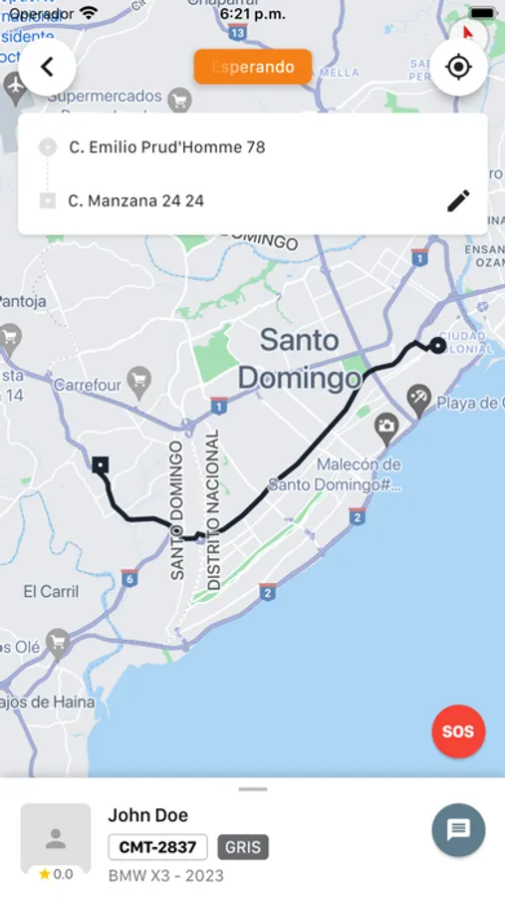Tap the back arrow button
[47, 68]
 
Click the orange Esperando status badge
[253, 67]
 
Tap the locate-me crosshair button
[458, 68]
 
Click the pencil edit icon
[458, 200]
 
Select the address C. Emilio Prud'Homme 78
[166, 148]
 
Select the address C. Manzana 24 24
[135, 200]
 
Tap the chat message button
[458, 829]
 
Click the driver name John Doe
[147, 815]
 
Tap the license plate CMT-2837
[157, 847]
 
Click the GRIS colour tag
[243, 847]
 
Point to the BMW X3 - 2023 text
[165, 876]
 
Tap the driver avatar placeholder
[56, 837]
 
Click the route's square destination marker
[101, 464]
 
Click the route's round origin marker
[437, 346]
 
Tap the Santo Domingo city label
[299, 359]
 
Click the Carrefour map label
[88, 384]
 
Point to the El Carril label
[51, 591]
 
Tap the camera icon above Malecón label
[386, 429]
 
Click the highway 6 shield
[128, 578]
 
